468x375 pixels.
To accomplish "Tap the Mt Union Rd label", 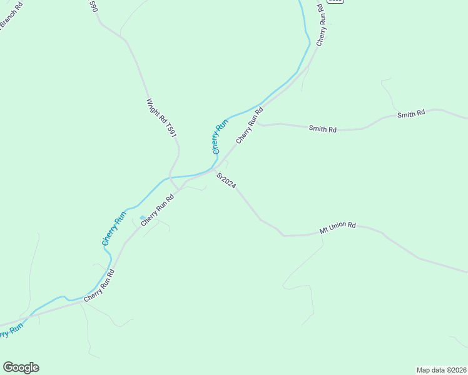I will coord(337,227).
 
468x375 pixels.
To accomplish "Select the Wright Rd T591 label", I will coord(161,119).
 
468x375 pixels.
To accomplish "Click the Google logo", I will coord(21,367).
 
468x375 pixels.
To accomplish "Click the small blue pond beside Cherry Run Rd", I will coord(143,218).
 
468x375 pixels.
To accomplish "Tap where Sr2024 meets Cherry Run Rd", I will coord(213,169).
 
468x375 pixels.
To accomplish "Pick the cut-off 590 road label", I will coord(94,6).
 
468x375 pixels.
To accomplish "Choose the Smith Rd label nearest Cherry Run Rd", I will coord(323,129).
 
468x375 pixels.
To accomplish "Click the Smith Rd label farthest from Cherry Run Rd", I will coord(411,114).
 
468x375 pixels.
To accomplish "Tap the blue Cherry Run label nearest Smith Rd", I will coord(221,136).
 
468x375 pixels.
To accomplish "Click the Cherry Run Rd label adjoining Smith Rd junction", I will coord(248,125).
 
